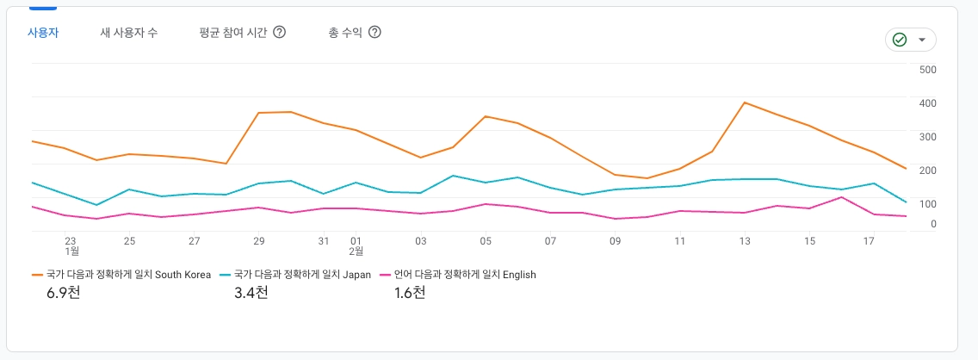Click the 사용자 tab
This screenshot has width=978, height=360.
click(x=43, y=33)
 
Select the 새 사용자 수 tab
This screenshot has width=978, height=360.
click(x=129, y=33)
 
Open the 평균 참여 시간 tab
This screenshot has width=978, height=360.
click(x=232, y=33)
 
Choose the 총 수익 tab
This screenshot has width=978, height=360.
click(x=344, y=33)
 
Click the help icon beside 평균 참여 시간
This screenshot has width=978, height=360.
click(x=279, y=33)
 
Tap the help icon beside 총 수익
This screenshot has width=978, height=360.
click(x=374, y=33)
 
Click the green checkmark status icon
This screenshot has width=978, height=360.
click(x=900, y=40)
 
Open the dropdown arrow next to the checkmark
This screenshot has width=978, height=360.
click(x=922, y=40)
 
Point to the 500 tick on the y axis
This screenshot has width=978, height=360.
click(x=927, y=70)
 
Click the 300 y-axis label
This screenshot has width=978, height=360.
click(x=927, y=136)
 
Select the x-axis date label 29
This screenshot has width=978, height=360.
click(x=258, y=241)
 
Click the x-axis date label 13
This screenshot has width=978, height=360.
click(x=745, y=241)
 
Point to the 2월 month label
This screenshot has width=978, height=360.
click(x=356, y=251)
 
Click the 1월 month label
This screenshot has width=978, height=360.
click(x=72, y=251)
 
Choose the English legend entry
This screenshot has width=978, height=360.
click(x=465, y=275)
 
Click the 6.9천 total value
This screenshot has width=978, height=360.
click(x=65, y=293)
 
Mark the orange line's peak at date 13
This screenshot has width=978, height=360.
click(x=744, y=102)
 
